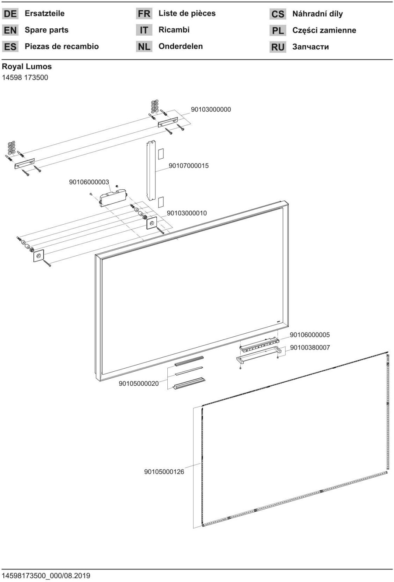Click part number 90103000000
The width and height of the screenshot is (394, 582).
tap(211, 109)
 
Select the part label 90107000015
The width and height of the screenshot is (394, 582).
tap(189, 166)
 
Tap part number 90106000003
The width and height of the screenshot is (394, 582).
tap(89, 182)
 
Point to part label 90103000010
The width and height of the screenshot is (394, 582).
tap(187, 213)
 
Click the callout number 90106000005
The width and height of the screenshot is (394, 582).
tap(310, 335)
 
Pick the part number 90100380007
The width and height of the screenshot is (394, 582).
tap(310, 348)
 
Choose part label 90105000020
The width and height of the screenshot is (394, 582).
tap(139, 383)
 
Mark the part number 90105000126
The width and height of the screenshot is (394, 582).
tap(164, 472)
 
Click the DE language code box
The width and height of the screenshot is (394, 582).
tap(10, 14)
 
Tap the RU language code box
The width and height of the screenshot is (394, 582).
tap(278, 47)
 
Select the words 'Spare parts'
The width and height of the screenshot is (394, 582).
tap(46, 30)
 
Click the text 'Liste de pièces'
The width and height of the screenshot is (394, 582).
tap(187, 14)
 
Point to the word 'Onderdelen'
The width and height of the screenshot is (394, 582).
tap(181, 46)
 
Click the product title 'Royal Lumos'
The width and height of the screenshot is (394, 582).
tap(27, 66)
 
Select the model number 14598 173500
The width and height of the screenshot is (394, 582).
tap(25, 78)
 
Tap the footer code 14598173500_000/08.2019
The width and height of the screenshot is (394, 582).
tap(46, 575)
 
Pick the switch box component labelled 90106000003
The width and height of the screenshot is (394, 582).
tap(113, 198)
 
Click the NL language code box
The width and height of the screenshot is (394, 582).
tap(144, 47)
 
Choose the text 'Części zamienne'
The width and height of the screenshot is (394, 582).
tap(324, 30)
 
